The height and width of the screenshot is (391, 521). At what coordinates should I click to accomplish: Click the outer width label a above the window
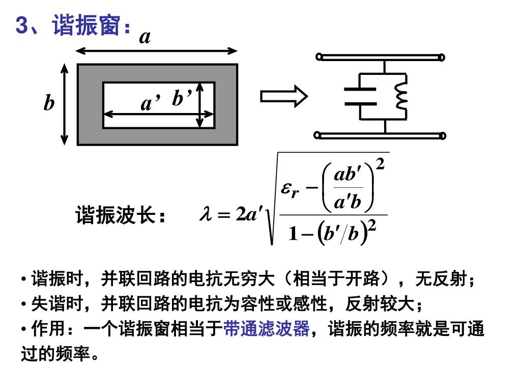click(145, 37)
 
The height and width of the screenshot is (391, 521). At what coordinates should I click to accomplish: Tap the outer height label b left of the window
click(49, 103)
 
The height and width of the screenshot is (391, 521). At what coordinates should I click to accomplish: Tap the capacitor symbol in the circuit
click(360, 96)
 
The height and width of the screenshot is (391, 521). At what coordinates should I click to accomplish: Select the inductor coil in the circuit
click(402, 96)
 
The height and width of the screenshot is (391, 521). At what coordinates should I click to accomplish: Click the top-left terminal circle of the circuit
click(319, 57)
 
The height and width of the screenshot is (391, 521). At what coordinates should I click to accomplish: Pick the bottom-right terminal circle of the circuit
click(443, 135)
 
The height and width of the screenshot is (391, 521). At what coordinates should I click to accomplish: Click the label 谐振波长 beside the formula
click(115, 216)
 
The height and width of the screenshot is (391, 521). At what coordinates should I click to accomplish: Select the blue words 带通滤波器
click(266, 329)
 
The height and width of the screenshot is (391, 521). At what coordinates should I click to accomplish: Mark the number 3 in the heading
click(21, 25)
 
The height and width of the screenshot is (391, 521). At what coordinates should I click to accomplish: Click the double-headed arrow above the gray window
click(157, 51)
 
